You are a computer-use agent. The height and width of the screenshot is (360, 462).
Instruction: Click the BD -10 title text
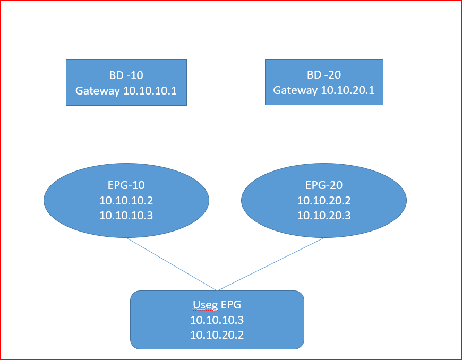(126, 74)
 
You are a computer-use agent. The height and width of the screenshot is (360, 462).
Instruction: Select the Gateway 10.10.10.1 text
(126, 90)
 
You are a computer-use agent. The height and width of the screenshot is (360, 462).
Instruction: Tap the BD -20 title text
(324, 74)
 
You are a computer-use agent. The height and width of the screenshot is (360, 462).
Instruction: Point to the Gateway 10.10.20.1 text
(324, 90)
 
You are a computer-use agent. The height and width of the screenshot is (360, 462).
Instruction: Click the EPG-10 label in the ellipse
(126, 185)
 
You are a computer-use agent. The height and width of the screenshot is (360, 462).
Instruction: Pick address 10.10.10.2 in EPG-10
(126, 200)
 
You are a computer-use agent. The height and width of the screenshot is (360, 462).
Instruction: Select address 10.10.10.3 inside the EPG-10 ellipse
(126, 215)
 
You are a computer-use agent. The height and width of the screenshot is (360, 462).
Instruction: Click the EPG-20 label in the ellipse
(324, 185)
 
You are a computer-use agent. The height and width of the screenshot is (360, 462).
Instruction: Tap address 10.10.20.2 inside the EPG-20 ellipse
(324, 200)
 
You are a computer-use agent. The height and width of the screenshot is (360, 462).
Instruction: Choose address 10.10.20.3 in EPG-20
(324, 215)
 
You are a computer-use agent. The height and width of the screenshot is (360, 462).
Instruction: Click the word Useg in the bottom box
(203, 305)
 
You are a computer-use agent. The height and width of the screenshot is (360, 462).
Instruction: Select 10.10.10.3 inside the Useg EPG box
(217, 320)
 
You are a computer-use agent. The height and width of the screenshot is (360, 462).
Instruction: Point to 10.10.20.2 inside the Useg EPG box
(217, 335)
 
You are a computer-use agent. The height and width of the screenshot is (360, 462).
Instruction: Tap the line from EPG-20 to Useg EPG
(271, 264)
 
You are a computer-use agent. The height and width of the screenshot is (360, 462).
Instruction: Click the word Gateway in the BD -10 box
(98, 90)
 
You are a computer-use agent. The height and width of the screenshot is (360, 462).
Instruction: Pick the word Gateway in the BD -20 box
(296, 90)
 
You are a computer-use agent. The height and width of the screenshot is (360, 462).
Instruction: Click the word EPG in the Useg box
(229, 305)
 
